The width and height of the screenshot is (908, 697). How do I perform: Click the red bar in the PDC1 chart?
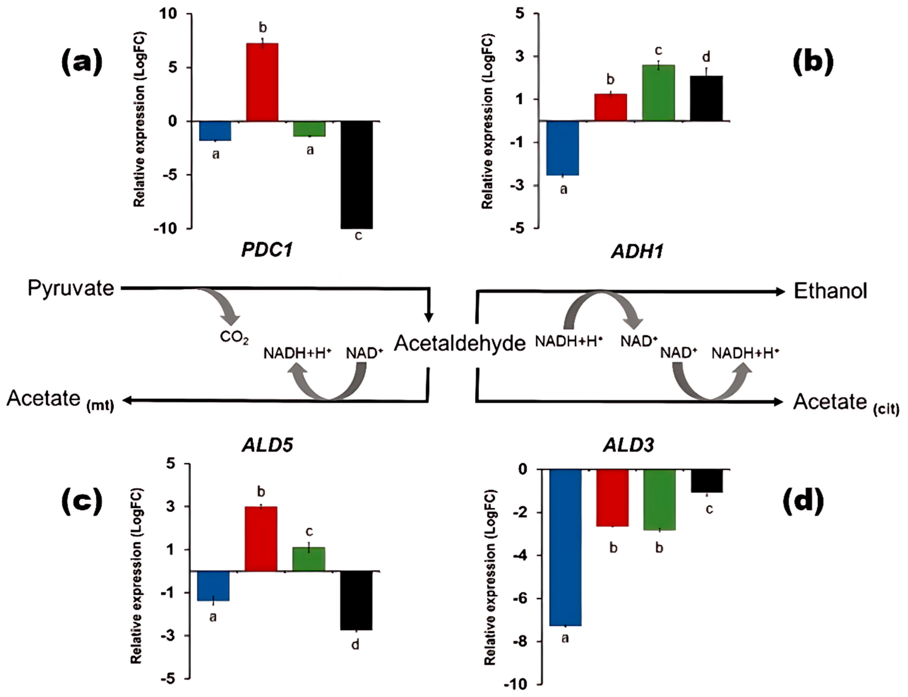click(262, 82)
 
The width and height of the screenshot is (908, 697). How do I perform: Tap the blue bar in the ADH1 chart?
click(563, 148)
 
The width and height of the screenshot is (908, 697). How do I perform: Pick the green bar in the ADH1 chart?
click(658, 93)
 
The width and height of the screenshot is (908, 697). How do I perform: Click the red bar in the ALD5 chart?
click(261, 539)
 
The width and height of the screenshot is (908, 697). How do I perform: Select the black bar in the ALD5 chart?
click(356, 600)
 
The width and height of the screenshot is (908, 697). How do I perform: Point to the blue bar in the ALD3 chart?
click(565, 547)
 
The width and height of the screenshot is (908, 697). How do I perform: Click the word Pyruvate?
click(70, 288)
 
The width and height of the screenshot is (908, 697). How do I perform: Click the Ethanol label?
click(830, 291)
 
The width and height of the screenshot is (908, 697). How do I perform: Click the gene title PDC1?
click(268, 250)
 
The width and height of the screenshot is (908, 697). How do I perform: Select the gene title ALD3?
click(628, 445)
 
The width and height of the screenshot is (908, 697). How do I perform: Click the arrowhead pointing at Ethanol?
click(780, 292)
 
